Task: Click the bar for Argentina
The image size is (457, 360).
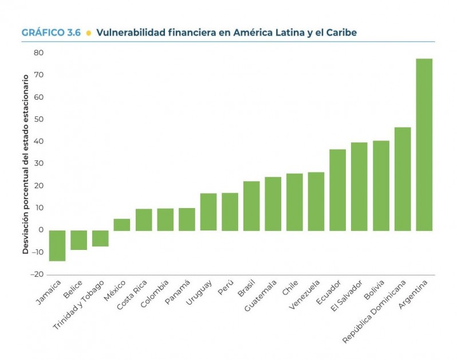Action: coord(424,144)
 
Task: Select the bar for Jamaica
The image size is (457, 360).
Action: coord(57,245)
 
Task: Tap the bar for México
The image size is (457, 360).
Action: coord(121,225)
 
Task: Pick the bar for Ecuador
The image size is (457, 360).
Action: coord(337,190)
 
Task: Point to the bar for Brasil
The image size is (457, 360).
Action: coord(251,206)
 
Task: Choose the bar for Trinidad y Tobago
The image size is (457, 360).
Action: coord(100,238)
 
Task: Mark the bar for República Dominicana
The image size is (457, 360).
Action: coord(402,179)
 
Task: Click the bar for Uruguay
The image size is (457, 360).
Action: coord(208,212)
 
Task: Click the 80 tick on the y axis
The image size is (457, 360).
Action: coord(38,53)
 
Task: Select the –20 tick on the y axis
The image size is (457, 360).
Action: coord(36,275)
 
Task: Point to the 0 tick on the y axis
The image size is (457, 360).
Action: coord(41,230)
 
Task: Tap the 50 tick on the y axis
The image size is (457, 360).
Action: coord(38,119)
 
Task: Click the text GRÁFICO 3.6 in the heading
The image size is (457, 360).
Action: coord(51,33)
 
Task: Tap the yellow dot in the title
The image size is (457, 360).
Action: coord(88,33)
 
